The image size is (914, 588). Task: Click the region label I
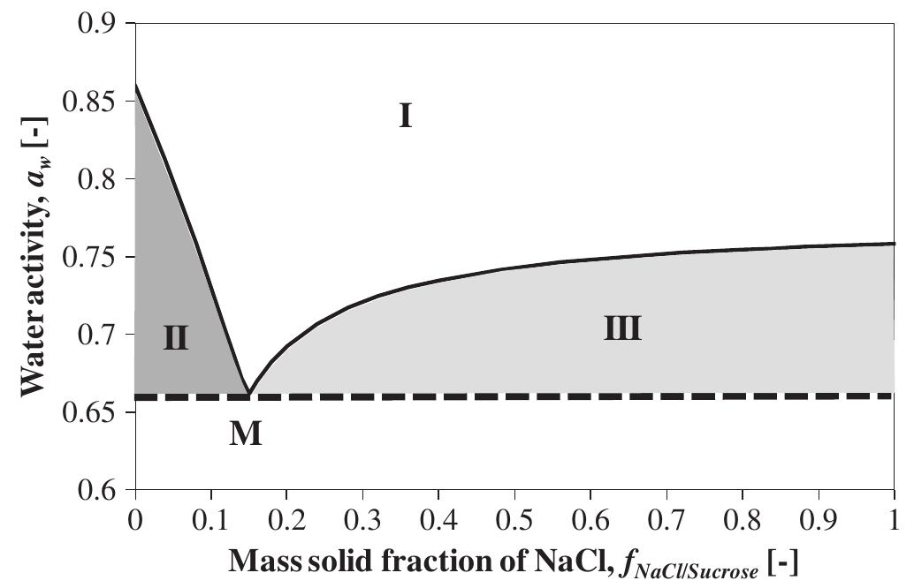(405, 116)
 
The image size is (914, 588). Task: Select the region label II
(176, 337)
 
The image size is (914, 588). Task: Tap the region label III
(622, 329)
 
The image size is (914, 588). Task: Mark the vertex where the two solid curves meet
(248, 393)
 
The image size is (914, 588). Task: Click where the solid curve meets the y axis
(135, 85)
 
